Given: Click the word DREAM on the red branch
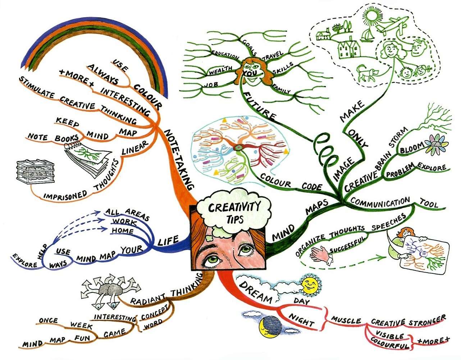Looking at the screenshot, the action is [x=255, y=292].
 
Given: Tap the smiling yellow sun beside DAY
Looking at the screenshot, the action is [x=310, y=285].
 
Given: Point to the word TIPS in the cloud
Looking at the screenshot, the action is [x=235, y=220].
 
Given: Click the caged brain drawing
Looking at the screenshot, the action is [x=35, y=171].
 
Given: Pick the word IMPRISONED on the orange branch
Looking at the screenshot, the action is [x=65, y=194].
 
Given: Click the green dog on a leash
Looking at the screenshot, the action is [x=368, y=73].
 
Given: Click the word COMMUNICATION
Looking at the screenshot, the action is [x=380, y=202].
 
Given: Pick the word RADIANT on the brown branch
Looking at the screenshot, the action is [x=148, y=299].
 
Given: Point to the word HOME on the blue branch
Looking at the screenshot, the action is [x=122, y=231].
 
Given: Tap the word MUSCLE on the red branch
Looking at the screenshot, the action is [x=346, y=319].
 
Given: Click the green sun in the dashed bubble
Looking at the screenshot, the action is [x=371, y=15].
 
